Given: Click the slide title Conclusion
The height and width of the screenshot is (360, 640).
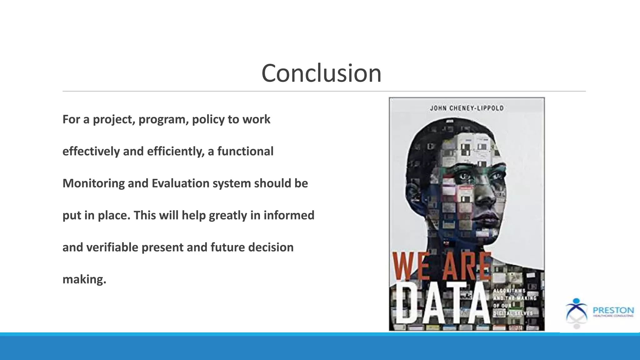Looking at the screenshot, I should click(x=321, y=73).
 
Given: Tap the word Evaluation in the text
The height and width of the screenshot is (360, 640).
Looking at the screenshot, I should click(x=180, y=183).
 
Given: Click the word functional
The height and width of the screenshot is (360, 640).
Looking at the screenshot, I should click(x=245, y=152).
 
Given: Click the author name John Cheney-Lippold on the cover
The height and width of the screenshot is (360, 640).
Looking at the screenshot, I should click(x=467, y=108).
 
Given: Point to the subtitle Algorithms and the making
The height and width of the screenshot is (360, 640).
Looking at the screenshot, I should click(x=514, y=294).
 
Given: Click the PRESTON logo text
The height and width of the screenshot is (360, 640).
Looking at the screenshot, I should click(x=613, y=310).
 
